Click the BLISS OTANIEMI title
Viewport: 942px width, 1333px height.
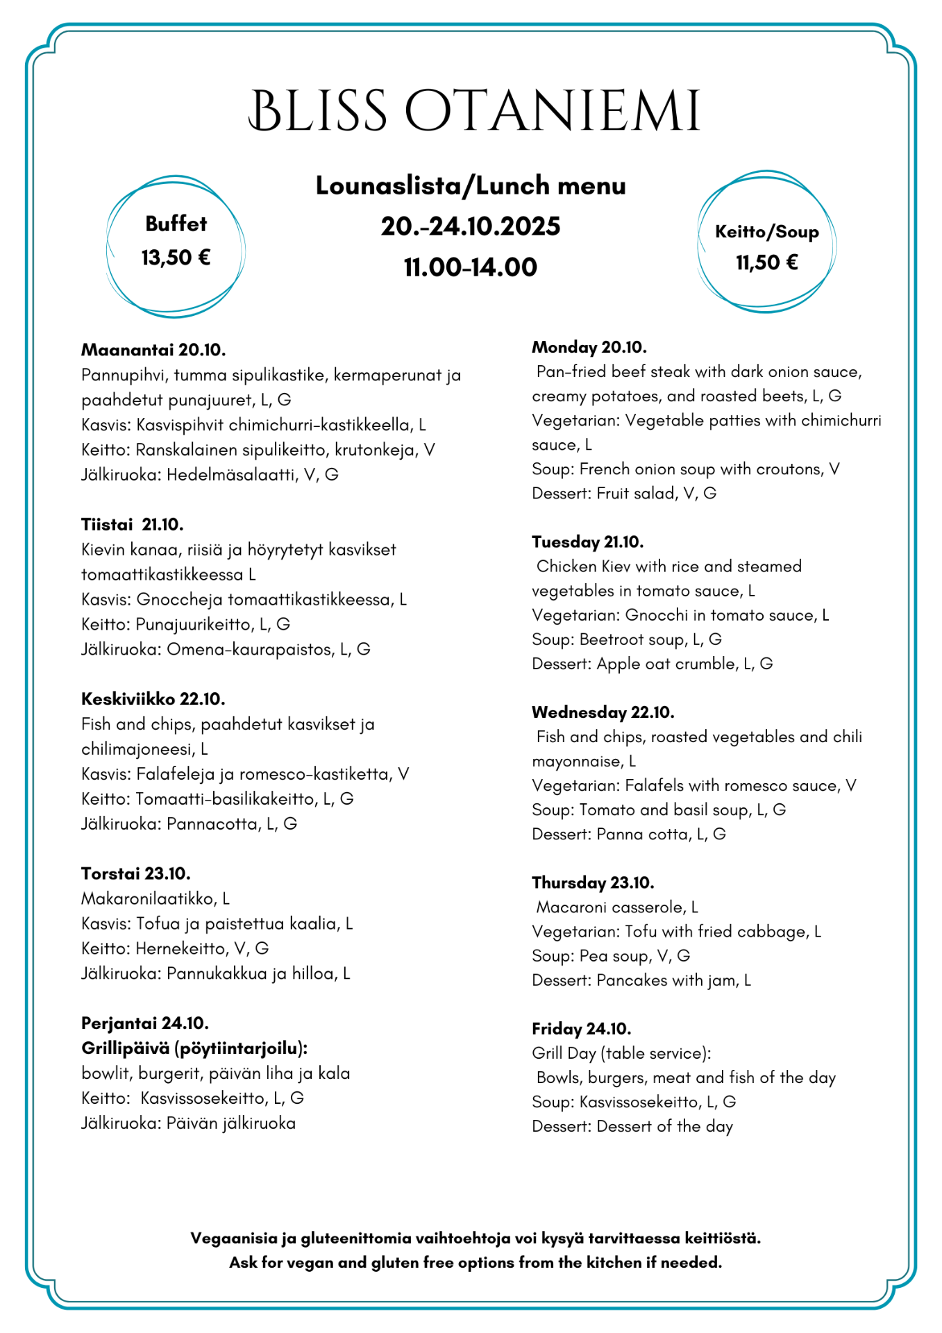(x=474, y=111)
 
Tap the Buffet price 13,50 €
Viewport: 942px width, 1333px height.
(x=176, y=258)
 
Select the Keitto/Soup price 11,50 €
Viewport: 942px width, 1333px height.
(x=766, y=262)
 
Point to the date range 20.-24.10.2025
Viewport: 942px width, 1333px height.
(x=471, y=226)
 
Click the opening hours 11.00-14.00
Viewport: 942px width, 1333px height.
(x=471, y=267)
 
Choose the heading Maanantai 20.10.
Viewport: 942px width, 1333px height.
(x=153, y=349)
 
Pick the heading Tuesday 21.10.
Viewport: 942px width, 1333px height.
(x=587, y=542)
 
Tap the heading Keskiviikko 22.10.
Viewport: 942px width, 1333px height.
(x=153, y=698)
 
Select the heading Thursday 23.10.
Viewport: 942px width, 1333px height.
(x=593, y=882)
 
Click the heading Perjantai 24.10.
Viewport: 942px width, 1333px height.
(x=144, y=1023)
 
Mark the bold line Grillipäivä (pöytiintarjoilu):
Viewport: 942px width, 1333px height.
(x=194, y=1048)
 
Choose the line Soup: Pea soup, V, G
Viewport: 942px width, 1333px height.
(x=611, y=956)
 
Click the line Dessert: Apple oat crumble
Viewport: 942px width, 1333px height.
(x=652, y=664)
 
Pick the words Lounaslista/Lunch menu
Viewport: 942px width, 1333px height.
(x=471, y=185)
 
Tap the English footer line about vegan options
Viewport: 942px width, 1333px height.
(x=476, y=1262)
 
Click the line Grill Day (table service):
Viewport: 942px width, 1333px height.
(x=621, y=1053)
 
